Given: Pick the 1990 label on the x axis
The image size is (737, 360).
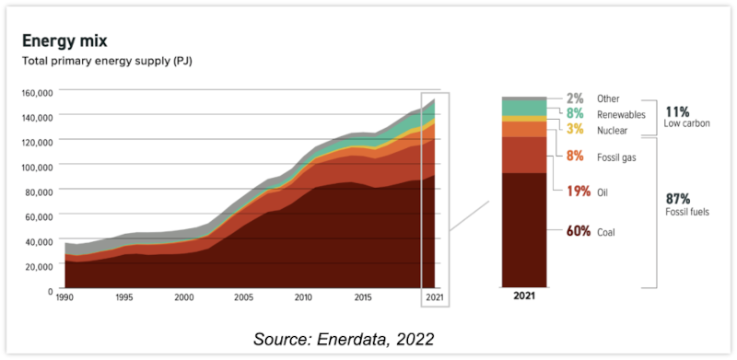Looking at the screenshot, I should pyautogui.click(x=65, y=299).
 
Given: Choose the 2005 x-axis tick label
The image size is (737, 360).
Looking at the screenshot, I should pyautogui.click(x=243, y=299).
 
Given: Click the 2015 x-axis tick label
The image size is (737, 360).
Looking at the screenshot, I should pyautogui.click(x=362, y=299).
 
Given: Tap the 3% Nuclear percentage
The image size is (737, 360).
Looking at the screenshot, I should pyautogui.click(x=575, y=130).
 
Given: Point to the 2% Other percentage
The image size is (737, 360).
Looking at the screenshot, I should pyautogui.click(x=575, y=99).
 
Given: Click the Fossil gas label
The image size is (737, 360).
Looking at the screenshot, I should pyautogui.click(x=618, y=157).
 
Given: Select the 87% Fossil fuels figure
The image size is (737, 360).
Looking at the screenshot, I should pyautogui.click(x=678, y=198).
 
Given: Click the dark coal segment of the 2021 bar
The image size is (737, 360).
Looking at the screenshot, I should pyautogui.click(x=524, y=230).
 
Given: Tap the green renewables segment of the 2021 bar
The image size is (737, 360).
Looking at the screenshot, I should pyautogui.click(x=524, y=108).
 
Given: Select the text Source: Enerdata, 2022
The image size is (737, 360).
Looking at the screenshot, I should pyautogui.click(x=343, y=339).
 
